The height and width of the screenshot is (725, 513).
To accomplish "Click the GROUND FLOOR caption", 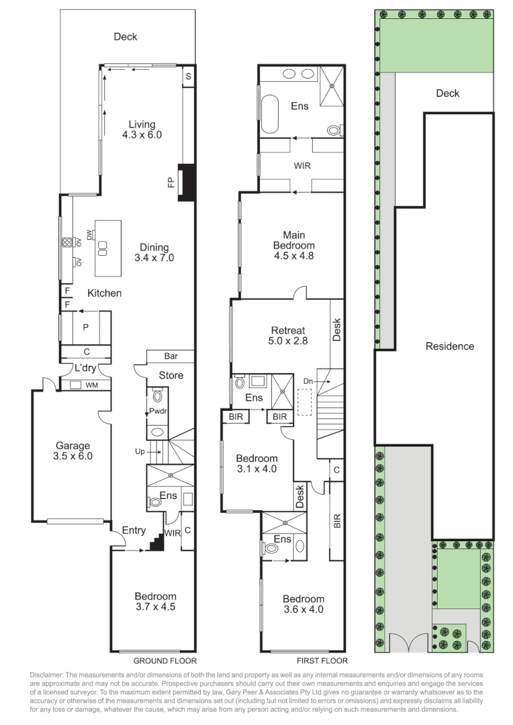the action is [165, 661].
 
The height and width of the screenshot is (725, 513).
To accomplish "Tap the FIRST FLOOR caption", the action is [322, 661].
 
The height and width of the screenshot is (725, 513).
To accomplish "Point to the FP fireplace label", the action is [171, 182].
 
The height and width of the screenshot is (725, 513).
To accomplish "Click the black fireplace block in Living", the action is [187, 183].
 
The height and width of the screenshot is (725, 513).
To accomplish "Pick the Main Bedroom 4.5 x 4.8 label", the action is [293, 246].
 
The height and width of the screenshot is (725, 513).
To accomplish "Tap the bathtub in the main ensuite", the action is [271, 113].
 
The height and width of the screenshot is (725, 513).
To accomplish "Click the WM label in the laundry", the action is [92, 385].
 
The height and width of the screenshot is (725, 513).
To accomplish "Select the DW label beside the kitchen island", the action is [89, 235].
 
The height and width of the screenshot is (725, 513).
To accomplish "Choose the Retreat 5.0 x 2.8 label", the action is [288, 336].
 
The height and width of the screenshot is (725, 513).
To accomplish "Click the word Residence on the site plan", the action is [450, 346].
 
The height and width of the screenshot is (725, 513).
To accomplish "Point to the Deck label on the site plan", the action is [448, 93].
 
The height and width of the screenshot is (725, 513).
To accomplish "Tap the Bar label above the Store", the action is [171, 356].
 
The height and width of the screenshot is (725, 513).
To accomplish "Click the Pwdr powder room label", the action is [158, 411].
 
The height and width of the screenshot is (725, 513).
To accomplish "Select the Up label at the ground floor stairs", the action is [140, 451].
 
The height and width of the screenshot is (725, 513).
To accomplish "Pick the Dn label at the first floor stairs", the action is [308, 381].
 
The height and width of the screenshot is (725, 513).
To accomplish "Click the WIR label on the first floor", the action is [302, 166].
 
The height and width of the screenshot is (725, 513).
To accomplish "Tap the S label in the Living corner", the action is [188, 77].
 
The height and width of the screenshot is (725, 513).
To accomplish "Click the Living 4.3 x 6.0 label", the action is [142, 130].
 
